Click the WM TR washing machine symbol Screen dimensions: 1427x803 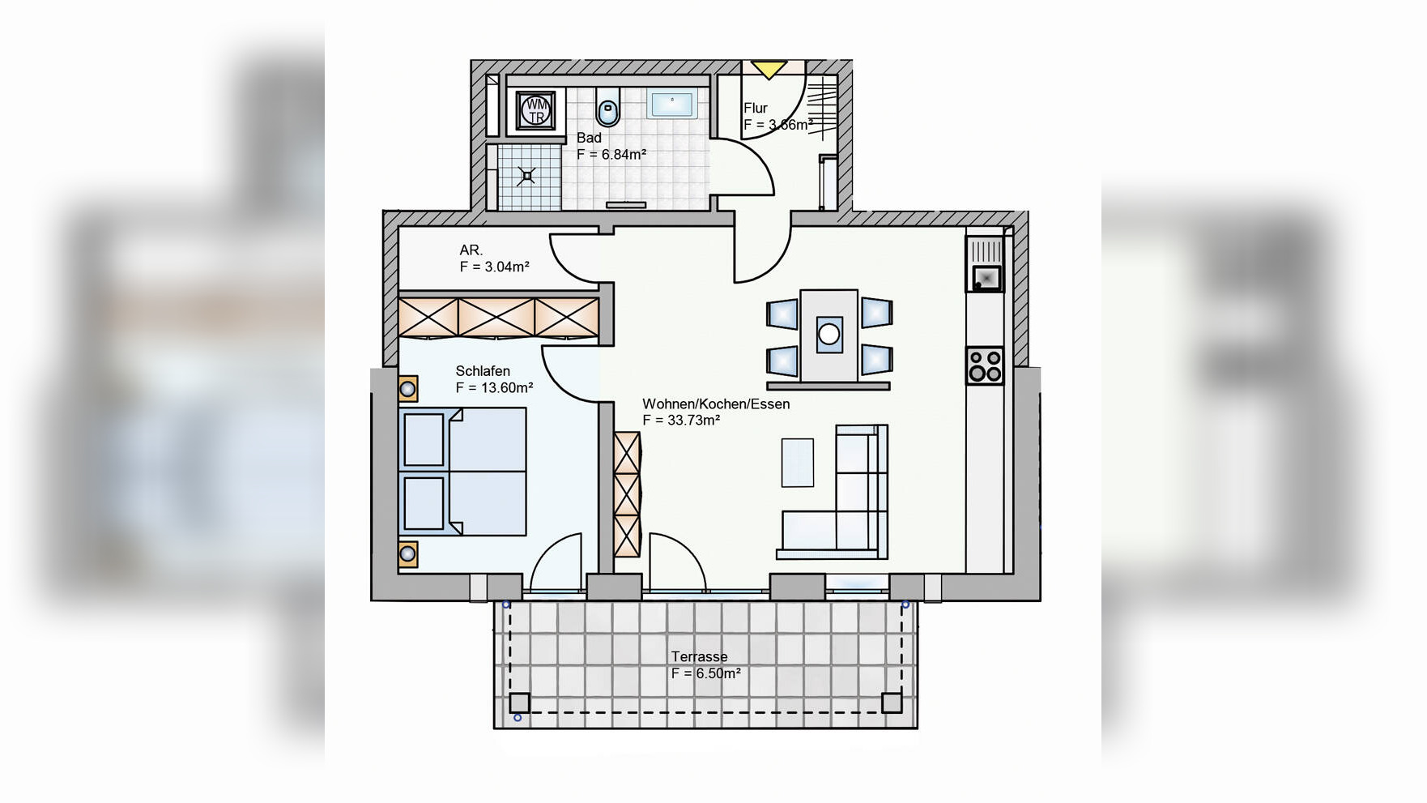[x=535, y=110]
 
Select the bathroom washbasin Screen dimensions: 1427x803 [x=672, y=104]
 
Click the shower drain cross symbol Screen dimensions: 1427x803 [x=527, y=175]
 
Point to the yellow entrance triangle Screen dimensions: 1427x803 [x=768, y=70]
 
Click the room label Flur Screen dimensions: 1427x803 [x=756, y=108]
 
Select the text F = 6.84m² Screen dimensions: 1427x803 [x=611, y=155]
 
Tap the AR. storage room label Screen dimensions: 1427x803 [x=471, y=250]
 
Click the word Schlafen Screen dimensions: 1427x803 [x=483, y=371]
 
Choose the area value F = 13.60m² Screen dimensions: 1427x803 [x=494, y=388]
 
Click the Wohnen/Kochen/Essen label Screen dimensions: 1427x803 [x=716, y=404]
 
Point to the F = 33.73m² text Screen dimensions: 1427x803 [x=681, y=421]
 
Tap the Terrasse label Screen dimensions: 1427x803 [x=699, y=657]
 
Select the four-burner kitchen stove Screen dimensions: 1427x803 [x=985, y=365]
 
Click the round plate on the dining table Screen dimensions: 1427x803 [x=829, y=333]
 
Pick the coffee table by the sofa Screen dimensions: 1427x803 [x=798, y=463]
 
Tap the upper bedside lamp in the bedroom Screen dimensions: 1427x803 [x=408, y=389]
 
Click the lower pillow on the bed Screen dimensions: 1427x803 [x=424, y=503]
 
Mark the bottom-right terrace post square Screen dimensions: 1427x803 [x=892, y=703]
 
